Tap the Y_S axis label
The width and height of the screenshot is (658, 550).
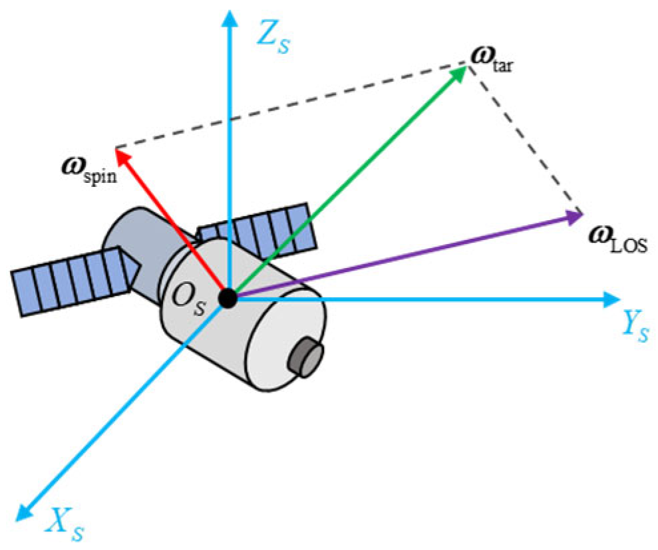pyautogui.click(x=634, y=325)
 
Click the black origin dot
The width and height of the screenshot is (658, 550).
pyautogui.click(x=228, y=299)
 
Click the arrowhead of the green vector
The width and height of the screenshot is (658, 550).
pyautogui.click(x=459, y=72)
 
